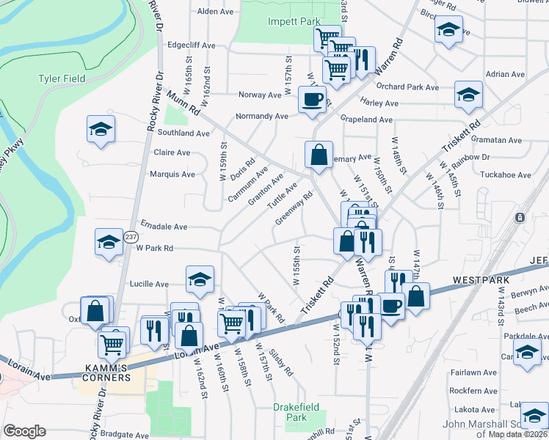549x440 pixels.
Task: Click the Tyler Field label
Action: (x=62, y=78)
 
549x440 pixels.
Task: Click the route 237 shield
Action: (x=131, y=237)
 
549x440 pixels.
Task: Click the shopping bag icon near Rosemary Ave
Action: (x=319, y=154)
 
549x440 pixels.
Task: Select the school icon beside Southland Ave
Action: (x=101, y=129)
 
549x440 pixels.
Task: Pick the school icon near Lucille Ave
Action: (x=200, y=279)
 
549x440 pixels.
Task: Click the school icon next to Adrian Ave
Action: (x=468, y=94)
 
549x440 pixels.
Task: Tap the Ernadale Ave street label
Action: (x=164, y=227)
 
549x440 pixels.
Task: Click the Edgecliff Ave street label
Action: (x=191, y=45)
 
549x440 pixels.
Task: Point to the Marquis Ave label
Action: (x=172, y=175)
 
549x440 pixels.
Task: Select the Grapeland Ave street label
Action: (x=366, y=120)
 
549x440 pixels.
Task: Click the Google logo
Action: (x=25, y=431)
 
